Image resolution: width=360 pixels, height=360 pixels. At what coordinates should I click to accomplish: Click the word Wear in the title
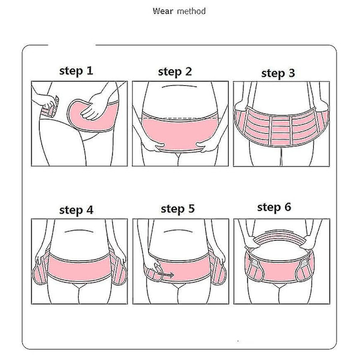tap(163, 11)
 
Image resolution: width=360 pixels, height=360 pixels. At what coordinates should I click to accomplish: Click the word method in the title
tap(191, 11)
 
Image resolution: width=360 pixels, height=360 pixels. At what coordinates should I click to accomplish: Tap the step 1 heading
tap(76, 71)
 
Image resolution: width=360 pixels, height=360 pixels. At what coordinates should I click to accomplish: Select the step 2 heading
tap(175, 71)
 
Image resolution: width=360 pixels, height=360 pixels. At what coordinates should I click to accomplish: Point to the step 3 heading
tap(278, 73)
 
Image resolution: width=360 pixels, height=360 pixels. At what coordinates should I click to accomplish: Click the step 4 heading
tap(76, 210)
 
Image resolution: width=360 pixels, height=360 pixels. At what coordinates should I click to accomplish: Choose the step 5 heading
tap(178, 209)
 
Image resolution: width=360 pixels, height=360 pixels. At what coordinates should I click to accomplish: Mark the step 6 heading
tap(274, 207)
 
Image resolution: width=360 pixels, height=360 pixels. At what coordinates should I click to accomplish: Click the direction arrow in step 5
tap(166, 274)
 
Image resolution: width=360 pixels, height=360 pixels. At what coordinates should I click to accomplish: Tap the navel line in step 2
tap(179, 86)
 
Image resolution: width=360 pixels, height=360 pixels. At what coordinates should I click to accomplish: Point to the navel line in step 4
tap(79, 231)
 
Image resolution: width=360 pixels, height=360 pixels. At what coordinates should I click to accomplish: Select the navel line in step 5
tap(178, 231)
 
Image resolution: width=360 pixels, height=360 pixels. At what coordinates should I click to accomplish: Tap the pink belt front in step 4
tap(79, 267)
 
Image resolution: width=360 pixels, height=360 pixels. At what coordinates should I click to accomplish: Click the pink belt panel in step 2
tap(179, 133)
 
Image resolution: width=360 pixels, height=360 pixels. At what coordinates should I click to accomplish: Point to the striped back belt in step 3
tap(281, 127)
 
